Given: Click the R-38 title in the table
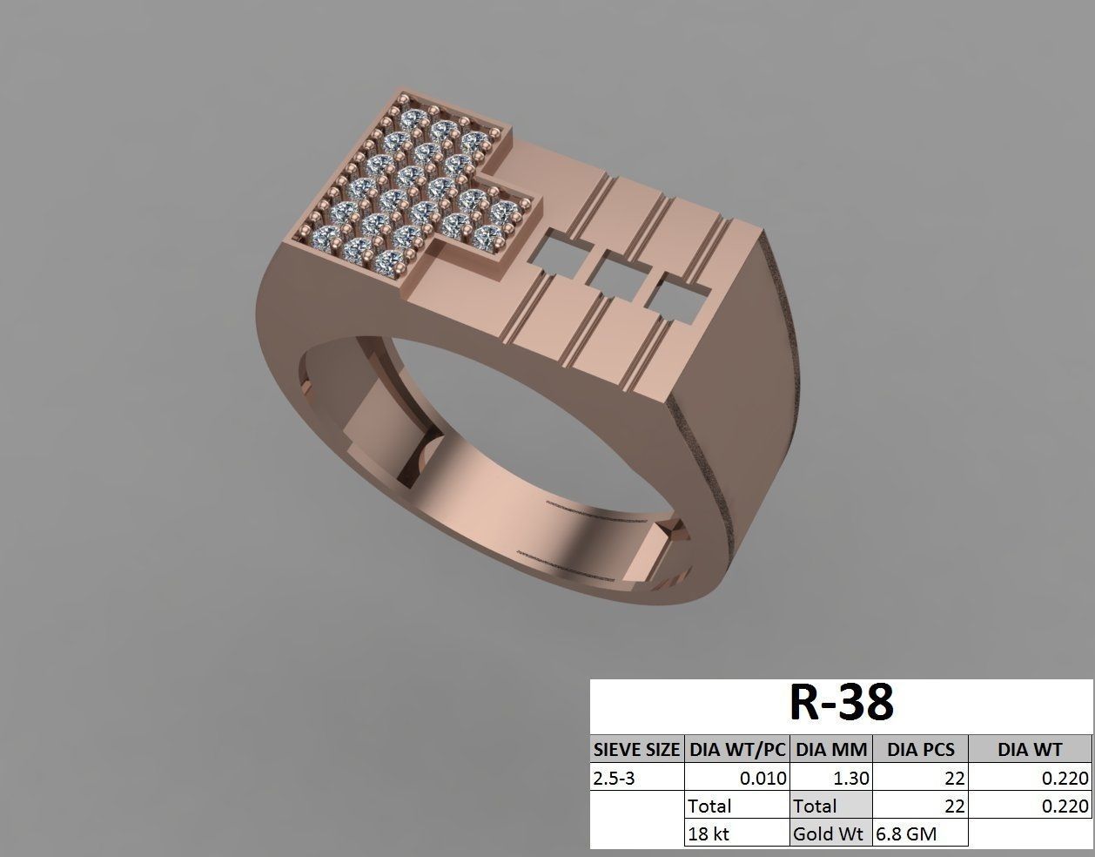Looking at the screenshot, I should pyautogui.click(x=841, y=703).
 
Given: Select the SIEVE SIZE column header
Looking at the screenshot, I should pyautogui.click(x=636, y=749).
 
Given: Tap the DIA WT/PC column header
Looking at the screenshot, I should pyautogui.click(x=737, y=749).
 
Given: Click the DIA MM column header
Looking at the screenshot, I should pyautogui.click(x=831, y=749).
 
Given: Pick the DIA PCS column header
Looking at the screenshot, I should pyautogui.click(x=921, y=749).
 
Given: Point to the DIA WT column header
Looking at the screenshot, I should pyautogui.click(x=1030, y=749).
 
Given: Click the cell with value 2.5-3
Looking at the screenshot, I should pyautogui.click(x=636, y=778).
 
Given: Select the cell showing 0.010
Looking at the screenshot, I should pyautogui.click(x=737, y=778).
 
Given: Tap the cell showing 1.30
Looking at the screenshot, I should pyautogui.click(x=831, y=778).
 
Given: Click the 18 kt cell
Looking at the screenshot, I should pyautogui.click(x=737, y=833).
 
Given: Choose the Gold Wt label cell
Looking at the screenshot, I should pyautogui.click(x=831, y=833).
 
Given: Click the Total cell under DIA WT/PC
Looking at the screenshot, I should pyautogui.click(x=737, y=806).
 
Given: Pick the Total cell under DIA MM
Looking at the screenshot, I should pyautogui.click(x=831, y=806).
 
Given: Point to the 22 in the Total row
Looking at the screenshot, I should pyautogui.click(x=921, y=806).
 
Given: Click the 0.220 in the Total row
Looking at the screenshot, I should pyautogui.click(x=1030, y=806).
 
